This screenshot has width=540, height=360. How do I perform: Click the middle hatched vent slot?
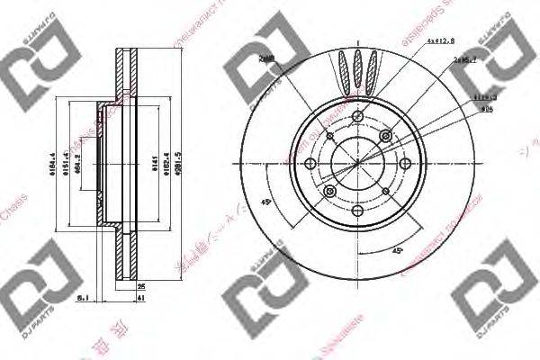358,67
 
